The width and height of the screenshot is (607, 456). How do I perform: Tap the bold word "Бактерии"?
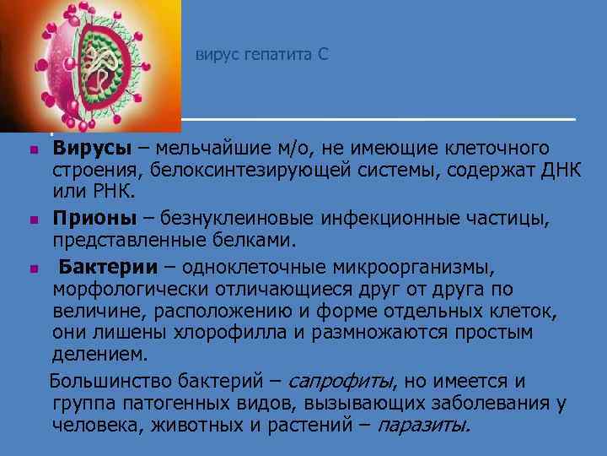[107, 269]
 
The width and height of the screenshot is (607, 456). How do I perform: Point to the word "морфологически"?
[124, 290]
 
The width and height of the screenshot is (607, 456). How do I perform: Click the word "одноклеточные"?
[250, 269]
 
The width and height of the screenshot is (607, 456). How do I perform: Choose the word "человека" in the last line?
[88, 424]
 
